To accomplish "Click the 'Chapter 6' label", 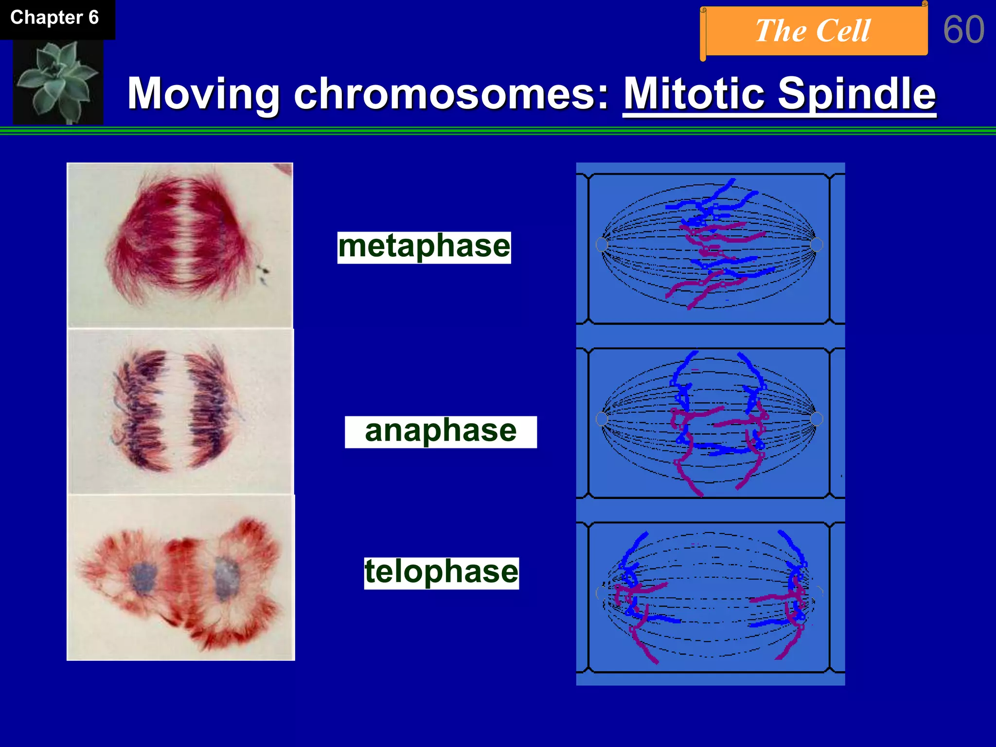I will click(x=54, y=18).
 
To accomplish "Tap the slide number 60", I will click(x=963, y=30).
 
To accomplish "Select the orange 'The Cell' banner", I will click(x=813, y=31).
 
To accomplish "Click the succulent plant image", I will click(x=57, y=81).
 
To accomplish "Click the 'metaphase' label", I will click(x=424, y=247).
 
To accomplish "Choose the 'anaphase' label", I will click(x=441, y=431).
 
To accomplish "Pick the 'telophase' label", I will click(x=441, y=572).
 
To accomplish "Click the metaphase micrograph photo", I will click(x=180, y=245).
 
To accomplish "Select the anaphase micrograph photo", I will click(x=180, y=411).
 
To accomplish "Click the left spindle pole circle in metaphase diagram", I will click(x=602, y=244).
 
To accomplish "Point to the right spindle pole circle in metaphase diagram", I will click(x=817, y=244).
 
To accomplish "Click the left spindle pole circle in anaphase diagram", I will click(x=602, y=419).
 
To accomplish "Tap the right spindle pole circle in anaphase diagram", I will click(x=817, y=419).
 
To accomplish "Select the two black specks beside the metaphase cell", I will click(x=264, y=273).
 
